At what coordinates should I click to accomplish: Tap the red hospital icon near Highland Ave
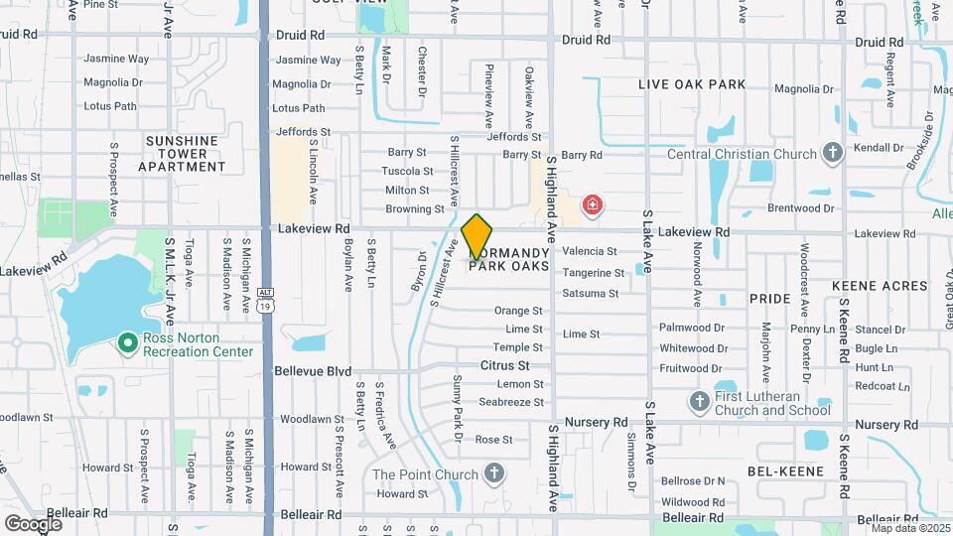pyautogui.click(x=593, y=205)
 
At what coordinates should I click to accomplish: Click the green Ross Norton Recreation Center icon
pyautogui.click(x=127, y=343)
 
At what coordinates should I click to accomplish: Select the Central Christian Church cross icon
pyautogui.click(x=832, y=154)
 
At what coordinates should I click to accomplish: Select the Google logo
pyautogui.click(x=33, y=523)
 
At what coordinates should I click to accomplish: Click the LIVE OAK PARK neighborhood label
pyautogui.click(x=692, y=85)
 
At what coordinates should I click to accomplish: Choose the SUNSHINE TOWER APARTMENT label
pyautogui.click(x=182, y=154)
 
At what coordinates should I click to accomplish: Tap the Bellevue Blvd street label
pyautogui.click(x=313, y=371)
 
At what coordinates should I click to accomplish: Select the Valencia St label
pyautogui.click(x=591, y=252)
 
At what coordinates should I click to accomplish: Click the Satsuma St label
pyautogui.click(x=591, y=294)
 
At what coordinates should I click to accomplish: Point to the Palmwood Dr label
pyautogui.click(x=693, y=328)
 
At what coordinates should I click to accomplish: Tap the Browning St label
pyautogui.click(x=415, y=209)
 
